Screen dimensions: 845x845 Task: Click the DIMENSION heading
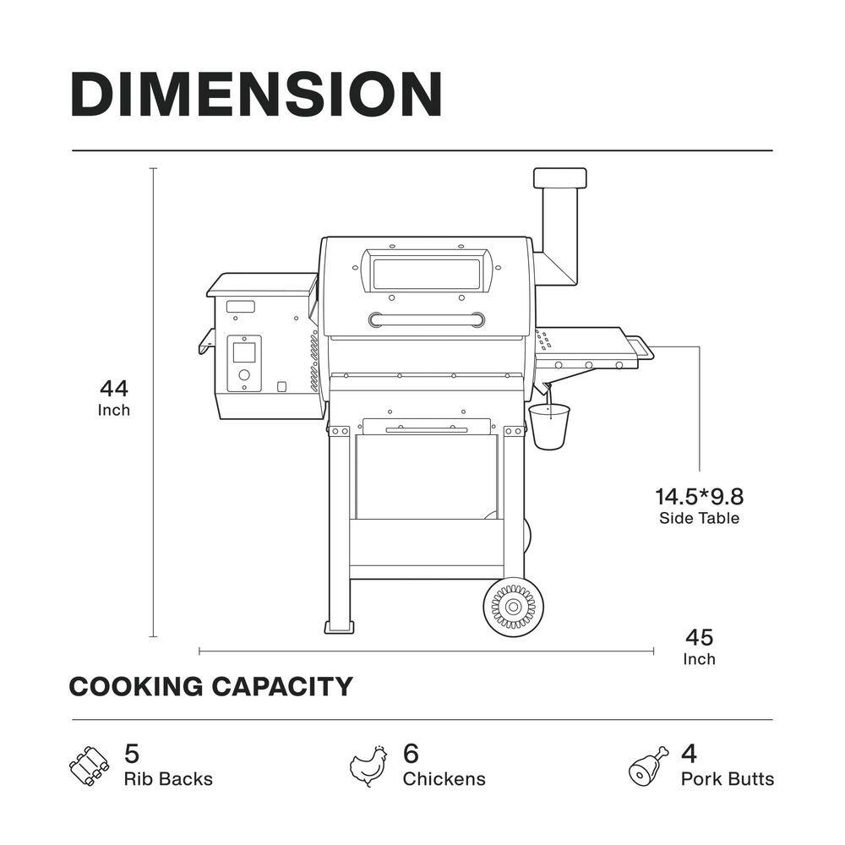click(x=257, y=95)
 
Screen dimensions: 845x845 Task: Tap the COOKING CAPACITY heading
click(x=210, y=686)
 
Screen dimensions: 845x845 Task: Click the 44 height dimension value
click(x=114, y=388)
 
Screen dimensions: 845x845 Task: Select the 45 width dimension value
click(x=700, y=637)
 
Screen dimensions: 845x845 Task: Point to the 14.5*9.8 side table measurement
click(x=699, y=496)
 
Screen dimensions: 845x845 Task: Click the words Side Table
click(x=699, y=519)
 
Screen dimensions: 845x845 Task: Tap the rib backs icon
click(x=89, y=766)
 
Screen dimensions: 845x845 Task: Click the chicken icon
click(x=368, y=766)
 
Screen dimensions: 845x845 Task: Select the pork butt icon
click(x=648, y=766)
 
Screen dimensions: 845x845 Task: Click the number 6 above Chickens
click(x=411, y=754)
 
